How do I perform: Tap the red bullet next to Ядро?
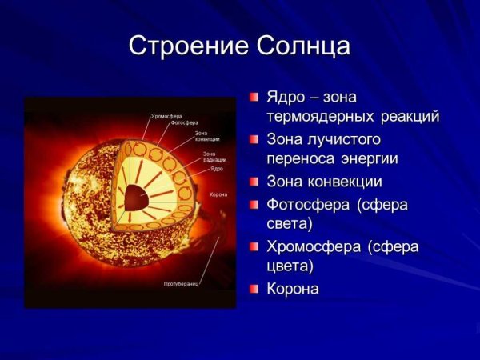point(254,97)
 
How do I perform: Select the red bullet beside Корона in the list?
point(254,288)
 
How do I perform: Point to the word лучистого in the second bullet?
point(342,138)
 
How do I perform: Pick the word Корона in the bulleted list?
point(292,289)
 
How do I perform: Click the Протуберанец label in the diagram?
point(181,283)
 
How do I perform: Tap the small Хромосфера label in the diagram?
point(165,116)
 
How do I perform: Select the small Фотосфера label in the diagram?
point(185,122)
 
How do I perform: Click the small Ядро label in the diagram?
point(217,170)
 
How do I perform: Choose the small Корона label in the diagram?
point(218,194)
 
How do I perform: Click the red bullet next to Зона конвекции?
point(254,182)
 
